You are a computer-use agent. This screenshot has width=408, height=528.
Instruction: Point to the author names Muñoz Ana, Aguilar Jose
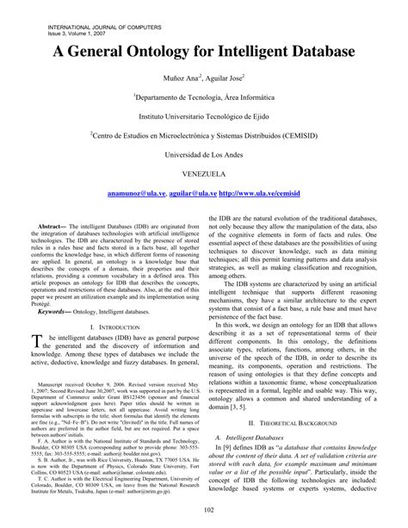pos(204,78)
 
